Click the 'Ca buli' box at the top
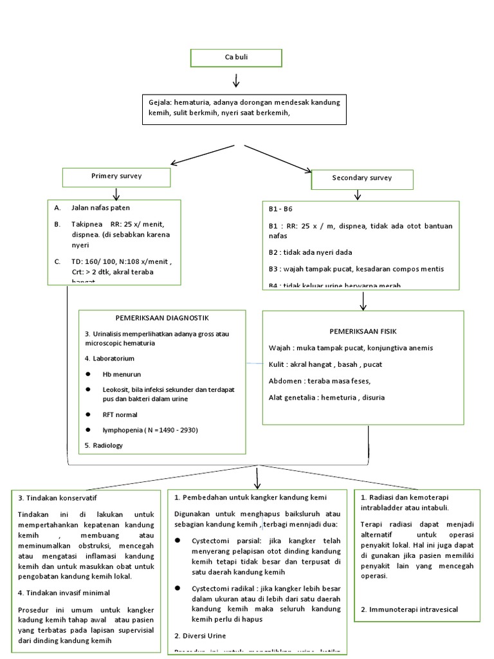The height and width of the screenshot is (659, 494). [236, 57]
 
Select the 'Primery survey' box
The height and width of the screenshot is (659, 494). [116, 176]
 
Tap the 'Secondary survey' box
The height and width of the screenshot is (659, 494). [362, 178]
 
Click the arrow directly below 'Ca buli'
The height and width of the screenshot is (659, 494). [236, 81]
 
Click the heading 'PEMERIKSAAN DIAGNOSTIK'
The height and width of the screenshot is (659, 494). [162, 318]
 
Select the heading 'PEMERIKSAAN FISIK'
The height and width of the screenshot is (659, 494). [363, 331]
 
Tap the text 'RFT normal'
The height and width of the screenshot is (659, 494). [120, 415]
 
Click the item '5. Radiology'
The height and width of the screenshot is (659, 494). [103, 445]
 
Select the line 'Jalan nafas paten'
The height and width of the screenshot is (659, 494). [100, 208]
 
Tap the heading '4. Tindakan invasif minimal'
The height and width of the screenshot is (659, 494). [64, 593]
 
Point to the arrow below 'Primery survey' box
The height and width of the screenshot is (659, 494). [116, 194]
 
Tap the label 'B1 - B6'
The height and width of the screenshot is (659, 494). [280, 210]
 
